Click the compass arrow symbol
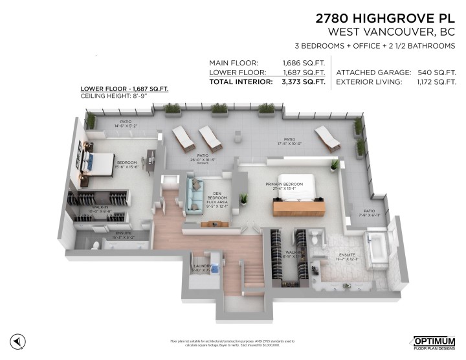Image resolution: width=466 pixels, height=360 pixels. [19, 341]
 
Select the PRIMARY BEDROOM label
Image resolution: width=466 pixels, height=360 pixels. [284, 185]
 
